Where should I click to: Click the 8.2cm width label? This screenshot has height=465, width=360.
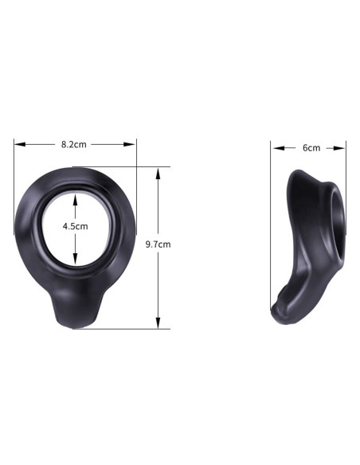(x=74, y=145)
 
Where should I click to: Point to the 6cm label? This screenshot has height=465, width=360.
(x=311, y=147)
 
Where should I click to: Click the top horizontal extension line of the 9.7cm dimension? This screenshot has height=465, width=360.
(x=143, y=166)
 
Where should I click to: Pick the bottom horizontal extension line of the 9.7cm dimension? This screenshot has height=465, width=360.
(x=143, y=328)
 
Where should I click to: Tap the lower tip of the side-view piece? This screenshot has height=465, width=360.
(x=280, y=316)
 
